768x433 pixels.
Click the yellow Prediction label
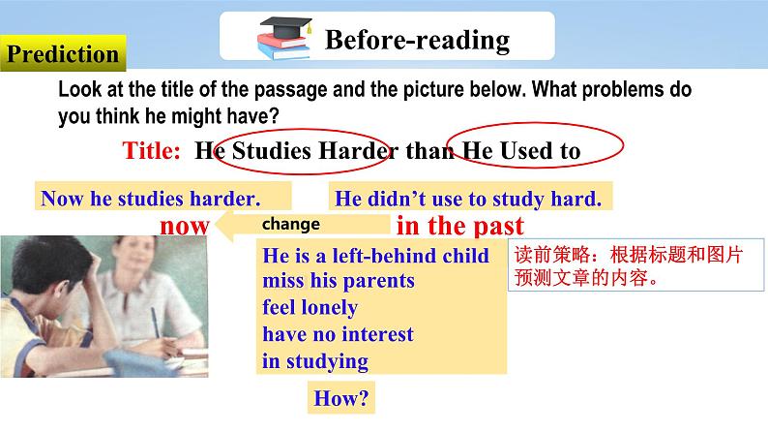point(63,53)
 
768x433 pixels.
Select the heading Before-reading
point(417,40)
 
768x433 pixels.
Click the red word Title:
point(151,150)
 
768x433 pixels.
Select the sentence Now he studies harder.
point(151,199)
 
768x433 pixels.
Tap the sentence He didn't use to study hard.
point(468,200)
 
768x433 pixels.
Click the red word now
point(185,227)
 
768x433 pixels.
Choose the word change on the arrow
point(291,224)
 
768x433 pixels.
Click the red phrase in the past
point(460,226)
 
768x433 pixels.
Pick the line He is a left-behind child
point(375,256)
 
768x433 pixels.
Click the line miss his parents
point(339,281)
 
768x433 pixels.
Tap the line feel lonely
point(310,307)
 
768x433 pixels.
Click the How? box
point(341,398)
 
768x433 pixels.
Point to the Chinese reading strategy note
point(635,265)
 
